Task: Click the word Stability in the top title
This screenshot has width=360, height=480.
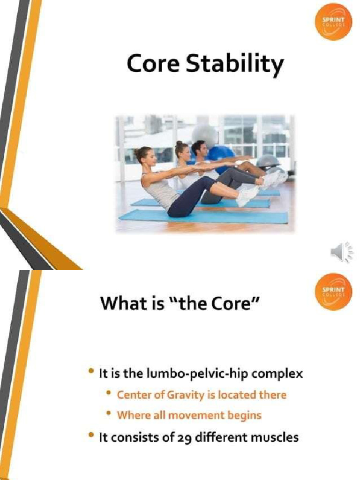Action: pyautogui.click(x=235, y=65)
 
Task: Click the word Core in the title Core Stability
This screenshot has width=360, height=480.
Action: pyautogui.click(x=154, y=64)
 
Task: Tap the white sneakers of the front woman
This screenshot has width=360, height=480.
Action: pyautogui.click(x=247, y=196)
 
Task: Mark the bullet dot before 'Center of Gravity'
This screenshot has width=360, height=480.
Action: pyautogui.click(x=108, y=394)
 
